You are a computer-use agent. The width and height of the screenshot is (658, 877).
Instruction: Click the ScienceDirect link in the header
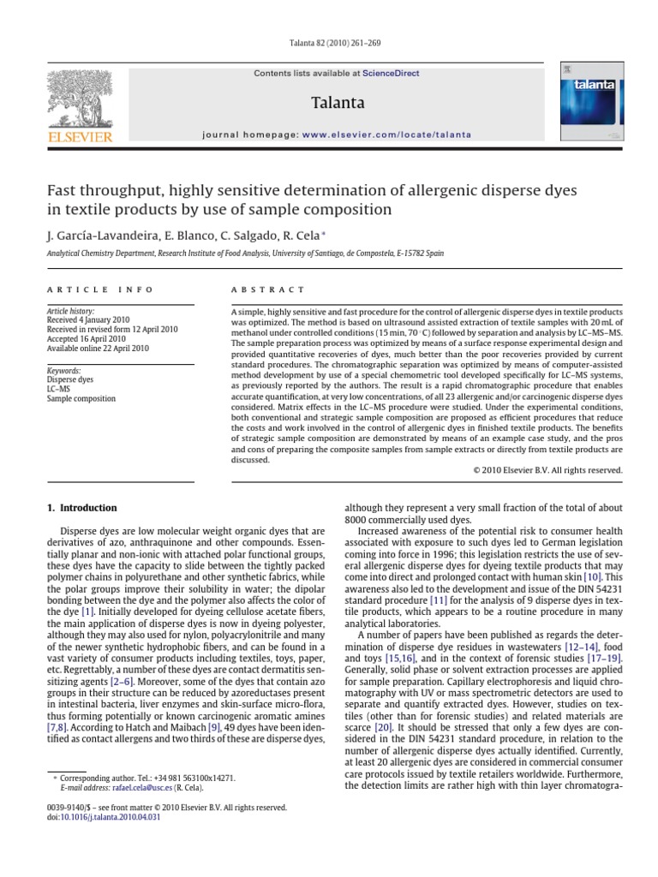point(391,74)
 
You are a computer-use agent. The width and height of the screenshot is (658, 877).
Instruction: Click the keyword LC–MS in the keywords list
point(59,388)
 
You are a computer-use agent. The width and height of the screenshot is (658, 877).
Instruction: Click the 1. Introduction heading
point(81,508)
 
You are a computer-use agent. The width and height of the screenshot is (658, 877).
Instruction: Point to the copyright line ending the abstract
point(547,470)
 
